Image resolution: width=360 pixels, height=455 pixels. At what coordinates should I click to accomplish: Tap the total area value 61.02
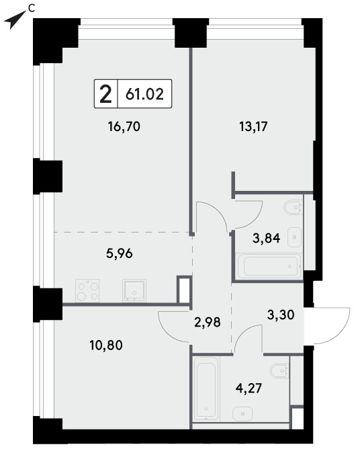144,93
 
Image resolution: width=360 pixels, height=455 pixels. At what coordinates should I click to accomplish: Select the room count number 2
105,93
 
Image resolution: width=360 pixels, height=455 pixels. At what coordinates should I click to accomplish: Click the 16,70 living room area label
124,126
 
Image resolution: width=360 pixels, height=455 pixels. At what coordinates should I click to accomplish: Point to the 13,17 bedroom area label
253,126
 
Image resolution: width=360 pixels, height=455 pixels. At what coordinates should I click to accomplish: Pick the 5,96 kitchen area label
120,254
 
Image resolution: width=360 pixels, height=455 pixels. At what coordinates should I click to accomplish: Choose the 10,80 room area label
106,345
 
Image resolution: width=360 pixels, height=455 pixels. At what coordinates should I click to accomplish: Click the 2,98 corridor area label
208,322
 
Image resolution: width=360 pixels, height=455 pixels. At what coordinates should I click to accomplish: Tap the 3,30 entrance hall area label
281,315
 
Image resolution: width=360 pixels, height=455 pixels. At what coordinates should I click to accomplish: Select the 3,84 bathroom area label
266,238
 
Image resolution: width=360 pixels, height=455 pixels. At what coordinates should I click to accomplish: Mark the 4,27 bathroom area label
249,388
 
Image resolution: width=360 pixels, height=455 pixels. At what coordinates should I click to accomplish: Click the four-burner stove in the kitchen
87,291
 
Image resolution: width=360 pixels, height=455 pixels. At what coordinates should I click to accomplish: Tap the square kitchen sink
134,290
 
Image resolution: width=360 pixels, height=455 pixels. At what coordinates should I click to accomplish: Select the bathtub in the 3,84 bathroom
269,266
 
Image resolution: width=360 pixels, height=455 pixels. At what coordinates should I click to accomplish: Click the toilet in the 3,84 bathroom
294,207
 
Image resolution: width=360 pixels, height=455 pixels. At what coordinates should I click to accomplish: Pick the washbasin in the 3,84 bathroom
294,237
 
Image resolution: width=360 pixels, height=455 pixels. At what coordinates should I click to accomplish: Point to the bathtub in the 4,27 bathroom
206,388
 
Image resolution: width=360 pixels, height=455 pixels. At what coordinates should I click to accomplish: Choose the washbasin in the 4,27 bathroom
242,413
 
